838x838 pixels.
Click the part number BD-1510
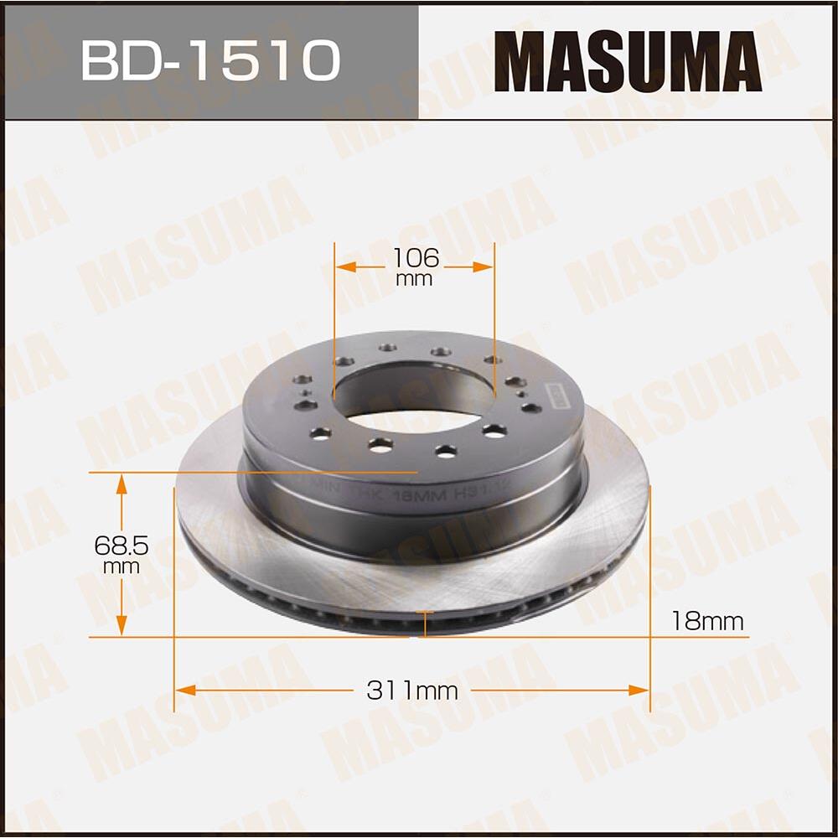210,59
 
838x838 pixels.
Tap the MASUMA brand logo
627,60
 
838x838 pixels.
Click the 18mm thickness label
706,621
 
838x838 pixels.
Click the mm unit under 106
414,279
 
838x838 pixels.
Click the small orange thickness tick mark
426,623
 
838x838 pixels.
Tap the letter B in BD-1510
101,60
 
